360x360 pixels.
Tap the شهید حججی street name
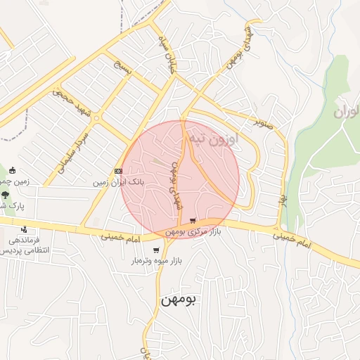72,103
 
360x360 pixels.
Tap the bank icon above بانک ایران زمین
118,171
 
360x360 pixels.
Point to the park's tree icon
5,195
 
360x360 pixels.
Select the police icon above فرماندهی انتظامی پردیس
25,229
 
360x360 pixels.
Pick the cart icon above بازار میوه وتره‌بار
155,250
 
